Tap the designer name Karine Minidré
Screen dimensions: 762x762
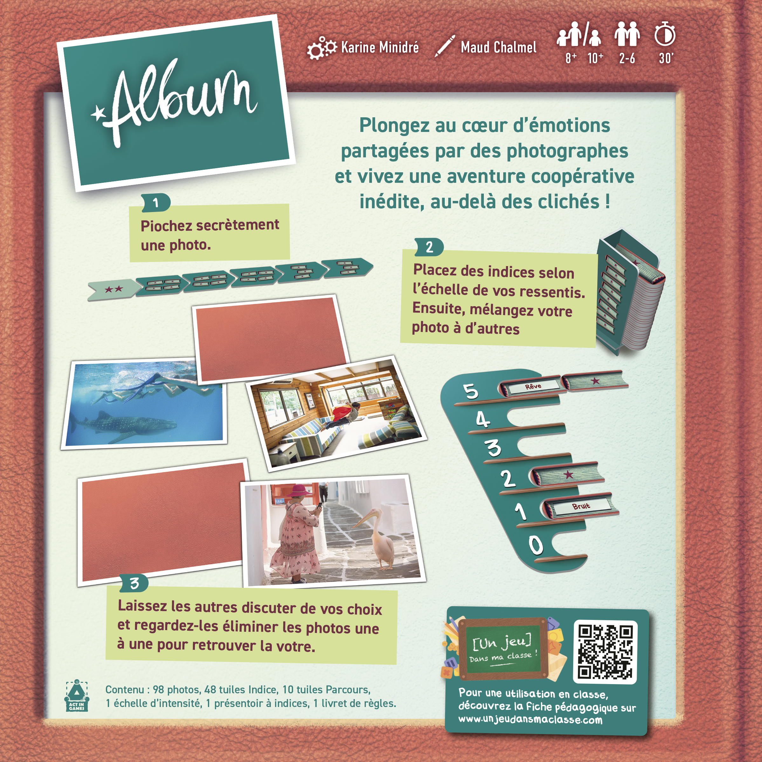[x=380, y=48]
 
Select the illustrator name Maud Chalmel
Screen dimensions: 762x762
[x=498, y=48]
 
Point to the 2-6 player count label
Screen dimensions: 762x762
[x=627, y=58]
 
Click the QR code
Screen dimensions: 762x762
[x=605, y=652]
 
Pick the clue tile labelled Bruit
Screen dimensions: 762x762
[x=580, y=506]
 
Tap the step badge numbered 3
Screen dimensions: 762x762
[x=134, y=583]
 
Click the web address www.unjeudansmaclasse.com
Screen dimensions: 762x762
[x=531, y=719]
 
